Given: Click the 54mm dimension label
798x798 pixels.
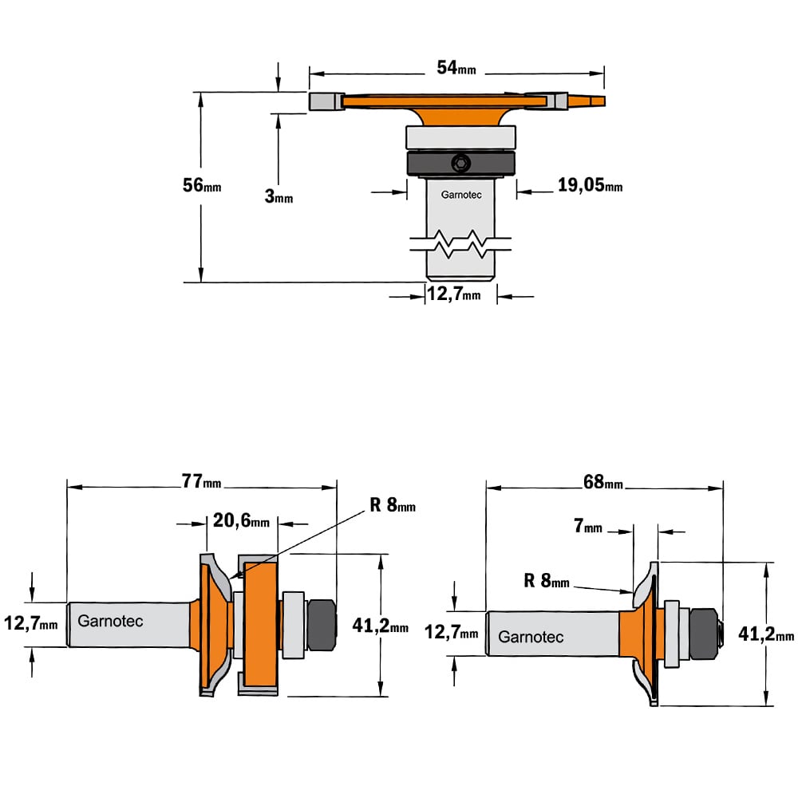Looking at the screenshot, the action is click(x=456, y=67).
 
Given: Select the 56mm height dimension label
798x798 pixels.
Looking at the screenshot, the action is click(x=202, y=185).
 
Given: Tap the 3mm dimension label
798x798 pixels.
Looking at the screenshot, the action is click(x=279, y=196).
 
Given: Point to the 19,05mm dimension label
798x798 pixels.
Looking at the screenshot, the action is click(x=590, y=185).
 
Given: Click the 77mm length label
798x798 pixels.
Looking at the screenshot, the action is click(x=202, y=481).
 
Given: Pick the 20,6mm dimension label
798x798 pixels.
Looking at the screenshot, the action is click(x=241, y=520).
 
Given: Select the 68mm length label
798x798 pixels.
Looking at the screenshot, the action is click(x=603, y=481).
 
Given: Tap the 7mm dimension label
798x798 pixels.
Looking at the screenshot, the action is click(x=588, y=525).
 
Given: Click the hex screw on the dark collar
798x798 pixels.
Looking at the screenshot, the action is click(x=461, y=164).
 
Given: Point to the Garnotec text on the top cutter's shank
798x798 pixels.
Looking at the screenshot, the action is click(x=461, y=195).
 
